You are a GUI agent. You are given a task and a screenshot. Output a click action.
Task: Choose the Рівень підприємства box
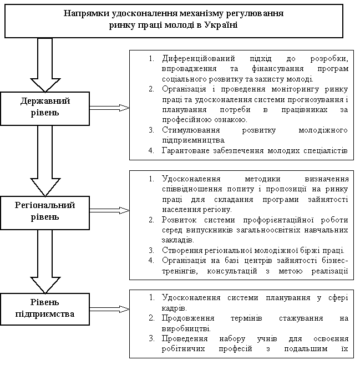click(x=45, y=310)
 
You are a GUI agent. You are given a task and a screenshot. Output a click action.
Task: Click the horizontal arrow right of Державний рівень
click(x=108, y=107)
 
